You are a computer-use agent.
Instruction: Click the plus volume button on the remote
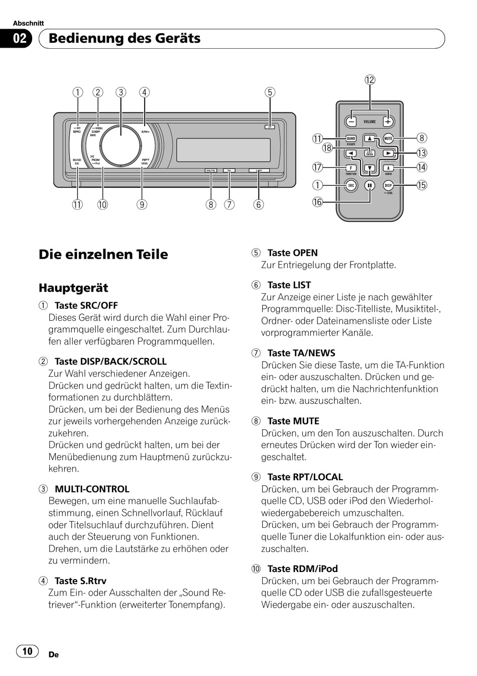click(388, 122)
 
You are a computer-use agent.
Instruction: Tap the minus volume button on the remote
click(351, 122)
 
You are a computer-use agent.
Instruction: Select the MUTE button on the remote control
click(388, 139)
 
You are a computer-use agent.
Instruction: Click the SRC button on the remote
click(351, 185)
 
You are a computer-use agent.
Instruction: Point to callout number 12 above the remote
click(370, 80)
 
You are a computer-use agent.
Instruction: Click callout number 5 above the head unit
click(270, 92)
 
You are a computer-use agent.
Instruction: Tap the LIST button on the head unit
click(259, 171)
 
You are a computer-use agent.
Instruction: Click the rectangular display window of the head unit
click(223, 150)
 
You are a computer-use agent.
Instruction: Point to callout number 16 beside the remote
click(317, 202)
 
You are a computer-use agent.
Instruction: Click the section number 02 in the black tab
click(19, 39)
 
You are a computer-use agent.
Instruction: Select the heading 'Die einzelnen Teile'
click(103, 254)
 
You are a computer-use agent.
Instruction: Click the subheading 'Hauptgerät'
click(73, 288)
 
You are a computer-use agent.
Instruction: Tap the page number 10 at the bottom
click(27, 651)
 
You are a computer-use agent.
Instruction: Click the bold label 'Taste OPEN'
click(292, 253)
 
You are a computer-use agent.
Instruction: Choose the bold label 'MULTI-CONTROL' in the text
click(92, 489)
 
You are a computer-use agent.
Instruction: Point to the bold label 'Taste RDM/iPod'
click(302, 569)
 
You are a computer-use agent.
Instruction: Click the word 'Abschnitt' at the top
click(28, 23)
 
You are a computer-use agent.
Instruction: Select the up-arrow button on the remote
click(370, 139)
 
